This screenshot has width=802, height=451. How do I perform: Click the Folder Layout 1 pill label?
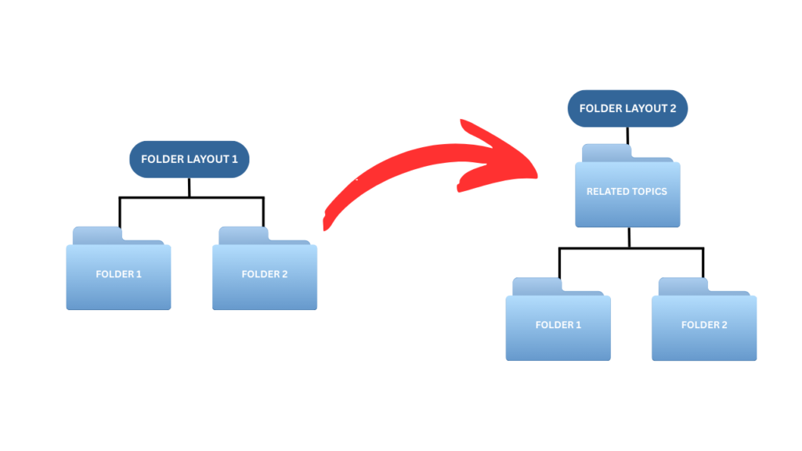(189, 160)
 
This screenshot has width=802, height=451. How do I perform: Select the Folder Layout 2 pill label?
(627, 109)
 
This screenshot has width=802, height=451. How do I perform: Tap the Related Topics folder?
(627, 193)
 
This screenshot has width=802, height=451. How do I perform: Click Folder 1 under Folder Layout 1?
(118, 276)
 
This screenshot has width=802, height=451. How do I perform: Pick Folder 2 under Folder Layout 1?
(265, 276)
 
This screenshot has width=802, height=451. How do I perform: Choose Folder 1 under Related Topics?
(558, 326)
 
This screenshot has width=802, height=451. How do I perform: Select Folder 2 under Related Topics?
(704, 326)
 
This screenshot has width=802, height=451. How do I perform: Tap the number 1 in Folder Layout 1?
(234, 160)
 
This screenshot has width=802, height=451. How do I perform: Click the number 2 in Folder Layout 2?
(672, 109)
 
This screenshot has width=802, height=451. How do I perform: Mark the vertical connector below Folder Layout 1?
(189, 188)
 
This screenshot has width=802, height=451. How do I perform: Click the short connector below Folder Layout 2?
(627, 135)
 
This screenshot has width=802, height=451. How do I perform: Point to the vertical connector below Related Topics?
(630, 237)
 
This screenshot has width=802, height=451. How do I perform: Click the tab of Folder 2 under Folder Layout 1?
(243, 235)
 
